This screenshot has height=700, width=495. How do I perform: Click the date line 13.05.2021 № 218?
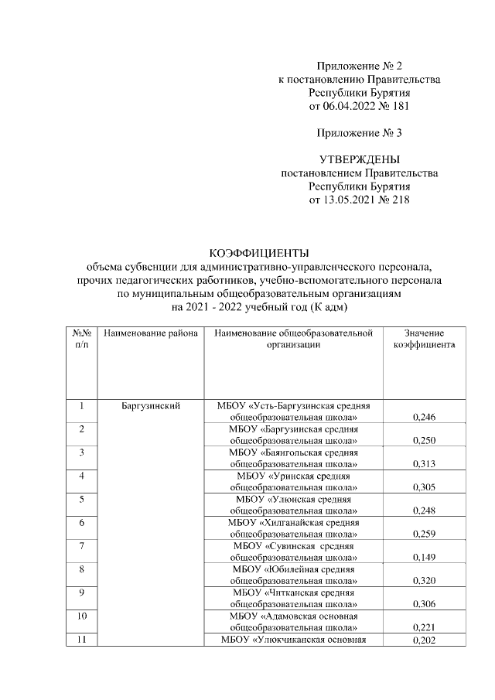pyautogui.click(x=360, y=200)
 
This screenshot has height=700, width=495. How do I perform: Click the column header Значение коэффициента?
pyautogui.click(x=422, y=339)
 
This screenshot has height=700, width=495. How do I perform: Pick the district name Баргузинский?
pyautogui.click(x=151, y=405)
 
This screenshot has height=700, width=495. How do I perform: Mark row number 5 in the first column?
pyautogui.click(x=81, y=500)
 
